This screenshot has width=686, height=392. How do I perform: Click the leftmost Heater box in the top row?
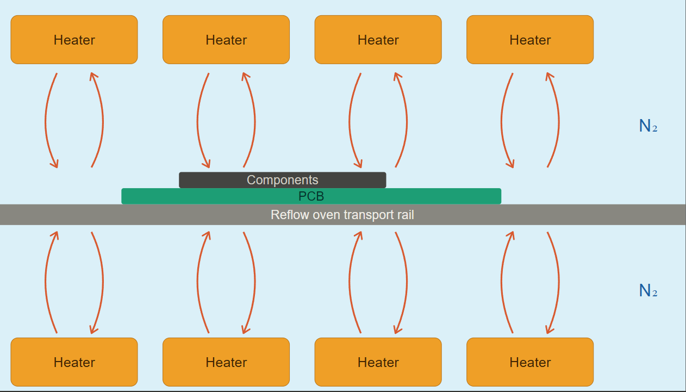[74, 40]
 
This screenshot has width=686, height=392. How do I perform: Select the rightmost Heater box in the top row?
[530, 40]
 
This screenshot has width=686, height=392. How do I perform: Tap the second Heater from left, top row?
[226, 40]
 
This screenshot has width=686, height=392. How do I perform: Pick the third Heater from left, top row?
[378, 40]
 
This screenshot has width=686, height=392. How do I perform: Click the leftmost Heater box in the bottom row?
[74, 362]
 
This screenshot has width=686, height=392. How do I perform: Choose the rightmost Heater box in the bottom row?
[530, 362]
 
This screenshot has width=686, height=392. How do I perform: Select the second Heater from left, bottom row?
[226, 362]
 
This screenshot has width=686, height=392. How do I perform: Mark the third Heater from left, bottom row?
[378, 362]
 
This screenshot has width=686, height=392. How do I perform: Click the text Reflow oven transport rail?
[342, 215]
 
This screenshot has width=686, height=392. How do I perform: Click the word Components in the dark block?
[282, 180]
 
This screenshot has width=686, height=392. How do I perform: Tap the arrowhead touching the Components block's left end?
[206, 163]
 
